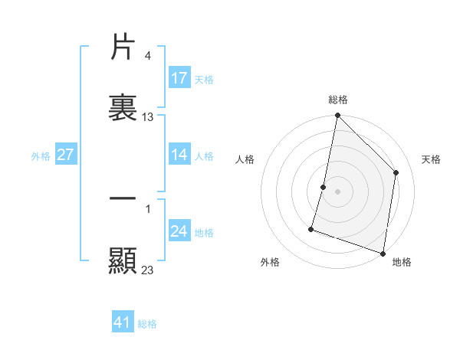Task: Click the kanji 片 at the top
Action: pos(123,47)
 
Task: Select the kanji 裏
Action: pos(123,108)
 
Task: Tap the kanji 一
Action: pos(123,199)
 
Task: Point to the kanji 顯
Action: pos(123,260)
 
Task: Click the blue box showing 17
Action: pos(179,78)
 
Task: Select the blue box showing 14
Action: pos(179,155)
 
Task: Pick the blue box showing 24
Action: pos(179,231)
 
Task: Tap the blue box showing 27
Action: pos(65,155)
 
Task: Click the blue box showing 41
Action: pos(123,322)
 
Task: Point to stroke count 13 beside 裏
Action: pos(148,117)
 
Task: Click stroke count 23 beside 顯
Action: pos(148,270)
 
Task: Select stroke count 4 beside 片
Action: pos(148,56)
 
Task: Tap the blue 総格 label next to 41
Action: pos(147,324)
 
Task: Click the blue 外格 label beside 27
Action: pos(41,156)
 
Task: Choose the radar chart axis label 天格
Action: pos(431,159)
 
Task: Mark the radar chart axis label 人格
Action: pos(245,159)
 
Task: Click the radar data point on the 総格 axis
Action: pos(337,116)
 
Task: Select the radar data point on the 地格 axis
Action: pos(383,253)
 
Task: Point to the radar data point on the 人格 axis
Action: pos(324,187)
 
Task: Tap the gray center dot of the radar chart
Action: pos(337,191)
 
